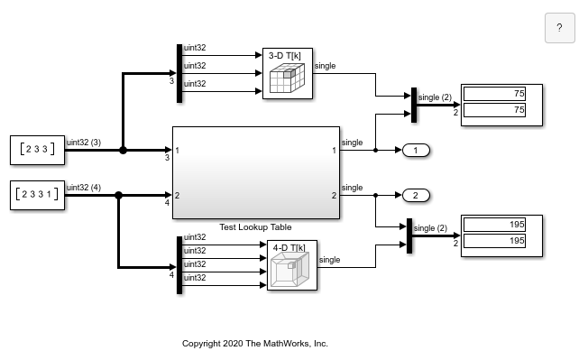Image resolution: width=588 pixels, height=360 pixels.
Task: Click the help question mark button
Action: [x=559, y=28]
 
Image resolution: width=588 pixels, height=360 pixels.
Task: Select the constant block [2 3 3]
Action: [x=37, y=150]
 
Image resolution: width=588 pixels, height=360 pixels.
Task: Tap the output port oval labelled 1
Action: [x=416, y=150]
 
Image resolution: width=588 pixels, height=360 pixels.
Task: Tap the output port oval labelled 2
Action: [x=416, y=195]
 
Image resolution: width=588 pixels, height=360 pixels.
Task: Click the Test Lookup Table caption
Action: [x=256, y=227]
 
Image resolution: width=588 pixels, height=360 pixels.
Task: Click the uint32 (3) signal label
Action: [x=84, y=142]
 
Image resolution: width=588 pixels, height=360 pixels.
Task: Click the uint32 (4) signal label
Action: [x=84, y=187]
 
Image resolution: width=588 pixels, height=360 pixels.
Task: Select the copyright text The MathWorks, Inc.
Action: [x=255, y=344]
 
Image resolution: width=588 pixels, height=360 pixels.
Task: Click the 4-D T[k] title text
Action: [x=289, y=246]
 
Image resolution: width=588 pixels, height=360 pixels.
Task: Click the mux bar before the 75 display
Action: [x=413, y=105]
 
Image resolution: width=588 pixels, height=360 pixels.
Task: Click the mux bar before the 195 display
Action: [x=409, y=236]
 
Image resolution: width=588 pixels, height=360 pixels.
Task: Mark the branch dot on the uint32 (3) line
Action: [x=123, y=150]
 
